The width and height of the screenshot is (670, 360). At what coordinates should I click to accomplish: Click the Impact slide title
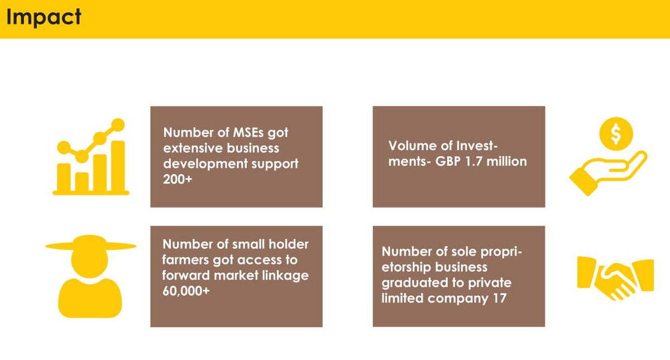pyautogui.click(x=44, y=17)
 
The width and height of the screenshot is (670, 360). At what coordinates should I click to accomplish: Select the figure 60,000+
pyautogui.click(x=186, y=290)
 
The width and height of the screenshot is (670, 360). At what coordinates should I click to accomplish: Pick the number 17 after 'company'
pyautogui.click(x=499, y=299)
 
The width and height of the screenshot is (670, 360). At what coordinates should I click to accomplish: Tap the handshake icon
pyautogui.click(x=615, y=276)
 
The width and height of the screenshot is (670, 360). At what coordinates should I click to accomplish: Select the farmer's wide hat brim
pyautogui.click(x=90, y=246)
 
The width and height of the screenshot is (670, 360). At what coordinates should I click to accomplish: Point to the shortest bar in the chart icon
pyautogui.click(x=82, y=181)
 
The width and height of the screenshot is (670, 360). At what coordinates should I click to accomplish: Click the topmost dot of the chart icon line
pyautogui.click(x=118, y=125)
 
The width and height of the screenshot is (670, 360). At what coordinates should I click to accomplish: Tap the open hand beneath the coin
pyautogui.click(x=606, y=173)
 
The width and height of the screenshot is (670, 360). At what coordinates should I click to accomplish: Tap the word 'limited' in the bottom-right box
pyautogui.click(x=403, y=299)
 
